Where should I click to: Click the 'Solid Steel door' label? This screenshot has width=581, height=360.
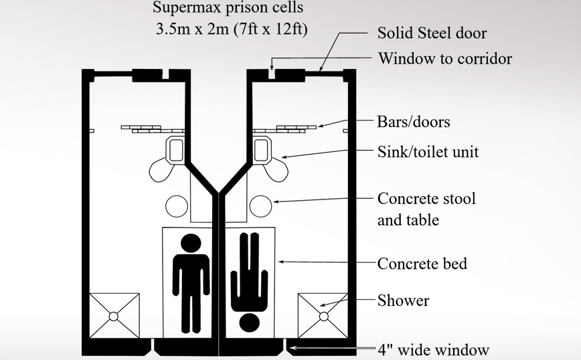click(432, 33)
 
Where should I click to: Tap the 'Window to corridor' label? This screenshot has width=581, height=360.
click(445, 59)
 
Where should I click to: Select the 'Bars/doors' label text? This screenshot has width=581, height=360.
click(414, 122)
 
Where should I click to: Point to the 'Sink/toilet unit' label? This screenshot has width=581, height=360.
click(428, 152)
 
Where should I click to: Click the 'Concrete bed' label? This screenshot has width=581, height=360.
click(422, 263)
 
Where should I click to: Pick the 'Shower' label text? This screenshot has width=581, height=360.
click(403, 300)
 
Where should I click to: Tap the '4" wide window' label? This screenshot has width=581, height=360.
click(433, 349)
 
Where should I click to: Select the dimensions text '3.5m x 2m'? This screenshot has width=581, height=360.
click(191, 30)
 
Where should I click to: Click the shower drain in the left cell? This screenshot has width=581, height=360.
click(114, 316)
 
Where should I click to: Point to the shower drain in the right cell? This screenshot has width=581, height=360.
click(323, 316)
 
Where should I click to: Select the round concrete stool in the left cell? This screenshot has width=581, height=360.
click(176, 205)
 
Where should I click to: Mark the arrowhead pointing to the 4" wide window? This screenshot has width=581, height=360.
click(293, 348)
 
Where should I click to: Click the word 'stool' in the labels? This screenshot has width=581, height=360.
click(460, 199)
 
